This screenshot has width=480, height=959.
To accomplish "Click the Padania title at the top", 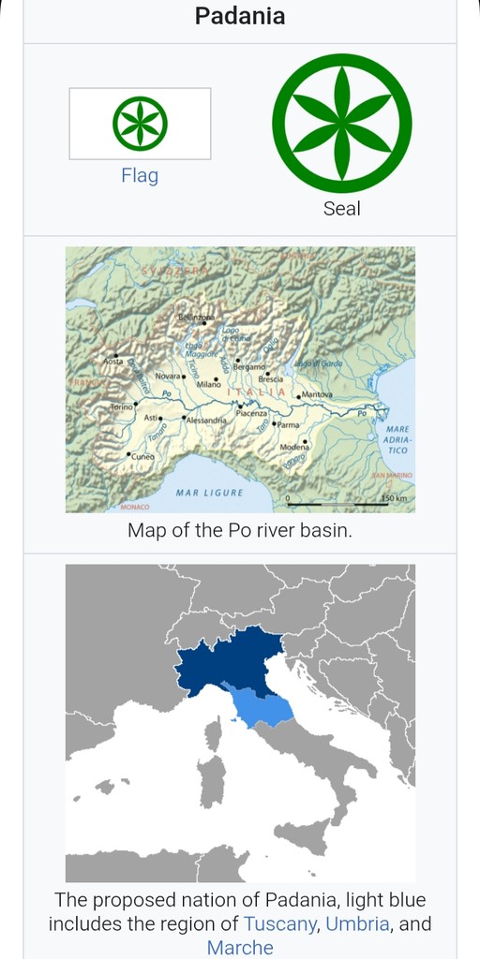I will coord(240,16).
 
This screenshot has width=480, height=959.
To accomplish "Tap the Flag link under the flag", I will coord(140,175).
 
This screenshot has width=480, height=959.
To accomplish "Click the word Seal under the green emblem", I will coord(341,208).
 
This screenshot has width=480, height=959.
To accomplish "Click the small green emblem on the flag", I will coord(140,124).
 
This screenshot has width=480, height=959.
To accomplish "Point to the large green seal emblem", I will coord(341,123).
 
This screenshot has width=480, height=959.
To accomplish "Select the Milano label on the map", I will coord(208,384).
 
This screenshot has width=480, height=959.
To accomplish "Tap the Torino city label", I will coord(122,407).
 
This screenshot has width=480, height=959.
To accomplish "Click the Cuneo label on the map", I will coord(142,456).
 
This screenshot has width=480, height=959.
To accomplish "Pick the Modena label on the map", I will coord(294,448).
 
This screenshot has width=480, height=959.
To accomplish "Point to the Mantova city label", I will coord(316,395).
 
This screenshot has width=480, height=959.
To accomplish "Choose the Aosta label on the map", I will coord(112,361).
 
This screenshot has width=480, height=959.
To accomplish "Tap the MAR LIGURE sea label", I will coord(209,493).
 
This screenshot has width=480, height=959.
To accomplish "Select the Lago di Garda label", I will coord(319,363).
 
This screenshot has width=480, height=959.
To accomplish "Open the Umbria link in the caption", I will coord(357,923).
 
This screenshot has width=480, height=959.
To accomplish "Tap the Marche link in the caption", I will coord(240,947).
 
